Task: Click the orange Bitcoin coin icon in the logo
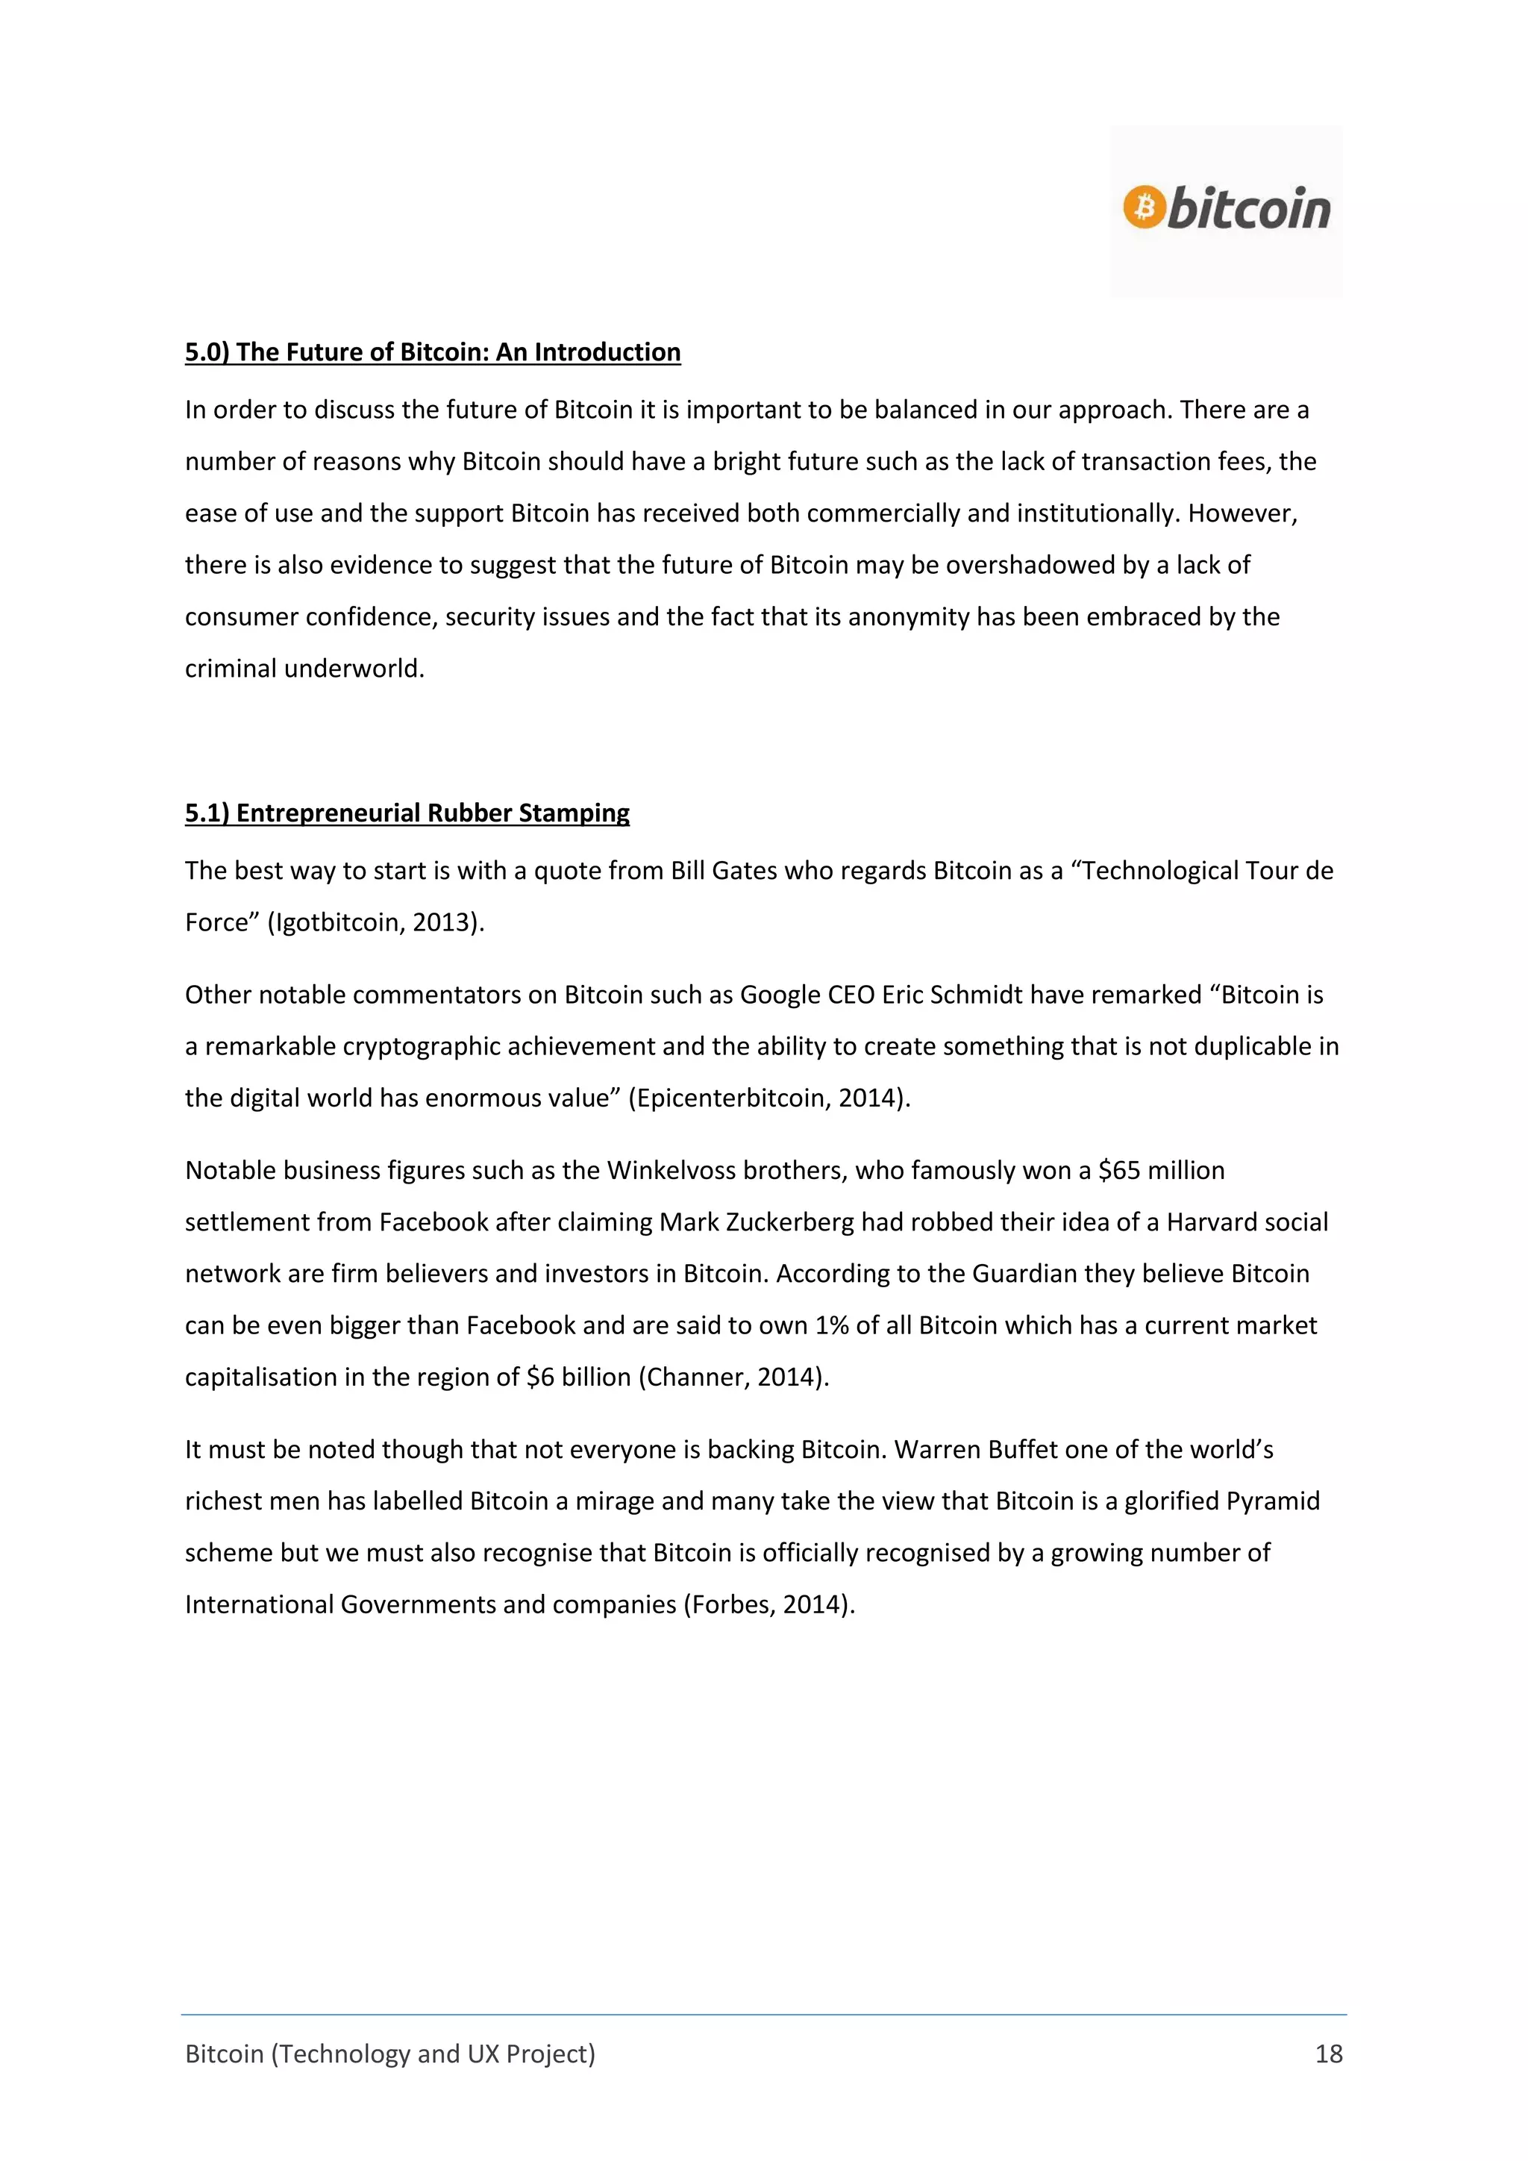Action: pyautogui.click(x=1144, y=207)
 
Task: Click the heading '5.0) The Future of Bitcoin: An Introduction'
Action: pyautogui.click(x=432, y=352)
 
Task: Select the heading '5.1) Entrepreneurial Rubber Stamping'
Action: pyautogui.click(x=407, y=813)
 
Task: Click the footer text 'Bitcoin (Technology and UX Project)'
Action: pyautogui.click(x=389, y=2054)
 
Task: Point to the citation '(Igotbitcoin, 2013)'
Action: pyautogui.click(x=375, y=922)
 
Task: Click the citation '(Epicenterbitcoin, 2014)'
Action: pyautogui.click(x=768, y=1098)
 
